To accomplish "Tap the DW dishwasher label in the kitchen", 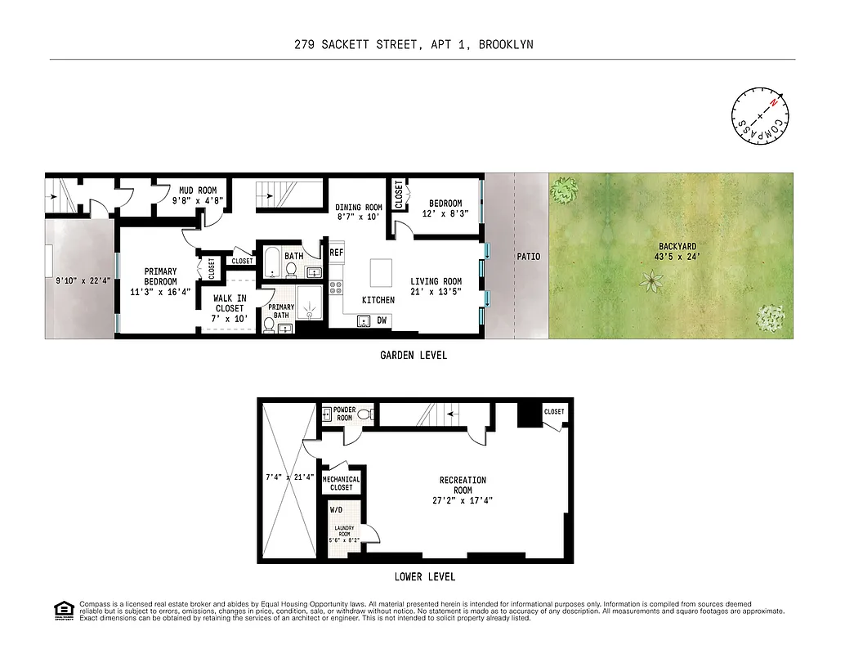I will click(x=382, y=320).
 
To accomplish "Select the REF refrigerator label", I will click(x=336, y=253).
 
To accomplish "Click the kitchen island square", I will click(x=382, y=271).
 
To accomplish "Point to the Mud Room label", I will click(x=196, y=190).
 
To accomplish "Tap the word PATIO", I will click(x=529, y=257).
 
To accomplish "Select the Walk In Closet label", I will click(x=229, y=303).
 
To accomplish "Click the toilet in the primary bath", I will click(x=268, y=325).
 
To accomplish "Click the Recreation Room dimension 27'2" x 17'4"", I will click(x=463, y=501).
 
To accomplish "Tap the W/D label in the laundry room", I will click(x=336, y=510).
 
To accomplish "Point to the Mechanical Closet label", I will click(x=342, y=483).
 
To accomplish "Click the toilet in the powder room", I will click(x=364, y=414).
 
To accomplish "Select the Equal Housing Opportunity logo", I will click(x=62, y=610).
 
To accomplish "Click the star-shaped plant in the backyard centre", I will click(x=651, y=283).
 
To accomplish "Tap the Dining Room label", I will click(x=359, y=208).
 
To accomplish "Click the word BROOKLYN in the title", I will click(x=506, y=45).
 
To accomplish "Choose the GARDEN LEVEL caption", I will click(x=414, y=356).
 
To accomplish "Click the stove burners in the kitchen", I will click(x=334, y=286).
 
